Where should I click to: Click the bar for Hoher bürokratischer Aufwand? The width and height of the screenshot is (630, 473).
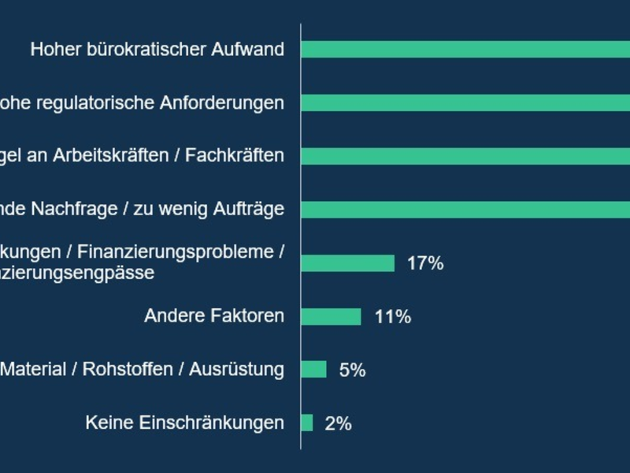tap(465, 50)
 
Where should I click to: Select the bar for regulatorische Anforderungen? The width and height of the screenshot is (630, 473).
tap(465, 103)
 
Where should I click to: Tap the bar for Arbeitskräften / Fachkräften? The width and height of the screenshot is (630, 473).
tap(465, 156)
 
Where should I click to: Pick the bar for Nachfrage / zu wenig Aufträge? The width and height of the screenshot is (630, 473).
tap(465, 210)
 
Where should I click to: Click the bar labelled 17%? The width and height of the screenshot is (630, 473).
tap(347, 263)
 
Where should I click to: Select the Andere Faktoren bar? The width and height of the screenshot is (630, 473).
tap(331, 317)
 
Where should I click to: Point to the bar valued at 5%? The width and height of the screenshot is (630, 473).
tap(313, 370)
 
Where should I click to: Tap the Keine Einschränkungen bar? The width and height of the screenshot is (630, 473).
tap(307, 423)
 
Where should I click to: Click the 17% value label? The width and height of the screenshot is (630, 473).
tap(425, 263)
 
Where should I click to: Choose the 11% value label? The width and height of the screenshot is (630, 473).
tap(393, 317)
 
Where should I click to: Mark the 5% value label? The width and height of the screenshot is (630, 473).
tap(352, 370)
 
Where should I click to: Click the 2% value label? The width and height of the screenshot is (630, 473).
tap(338, 423)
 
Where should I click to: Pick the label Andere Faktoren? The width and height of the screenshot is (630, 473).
tap(213, 317)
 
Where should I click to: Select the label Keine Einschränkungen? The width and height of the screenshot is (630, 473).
tap(184, 423)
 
